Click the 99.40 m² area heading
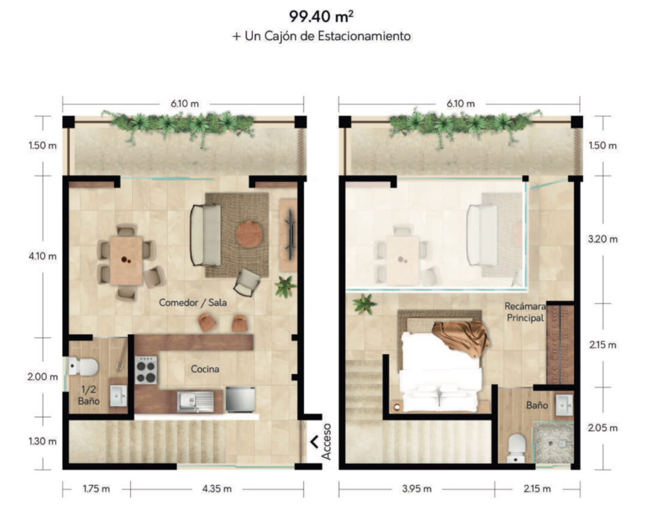[321, 16]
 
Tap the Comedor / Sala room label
[193, 303]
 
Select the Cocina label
[205, 369]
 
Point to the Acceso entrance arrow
[315, 442]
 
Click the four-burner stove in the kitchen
[146, 371]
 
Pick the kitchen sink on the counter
[195, 402]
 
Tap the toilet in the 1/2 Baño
[83, 367]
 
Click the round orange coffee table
[249, 235]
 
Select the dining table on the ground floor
[126, 261]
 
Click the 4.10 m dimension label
[42, 256]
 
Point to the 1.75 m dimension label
[96, 489]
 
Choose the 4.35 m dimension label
[217, 489]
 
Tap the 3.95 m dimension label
[417, 489]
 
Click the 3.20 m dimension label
[603, 239]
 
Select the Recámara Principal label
[525, 312]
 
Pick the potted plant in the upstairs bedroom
[365, 304]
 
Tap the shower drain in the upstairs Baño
[551, 443]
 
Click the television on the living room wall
[290, 235]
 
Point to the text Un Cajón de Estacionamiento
[328, 36]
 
